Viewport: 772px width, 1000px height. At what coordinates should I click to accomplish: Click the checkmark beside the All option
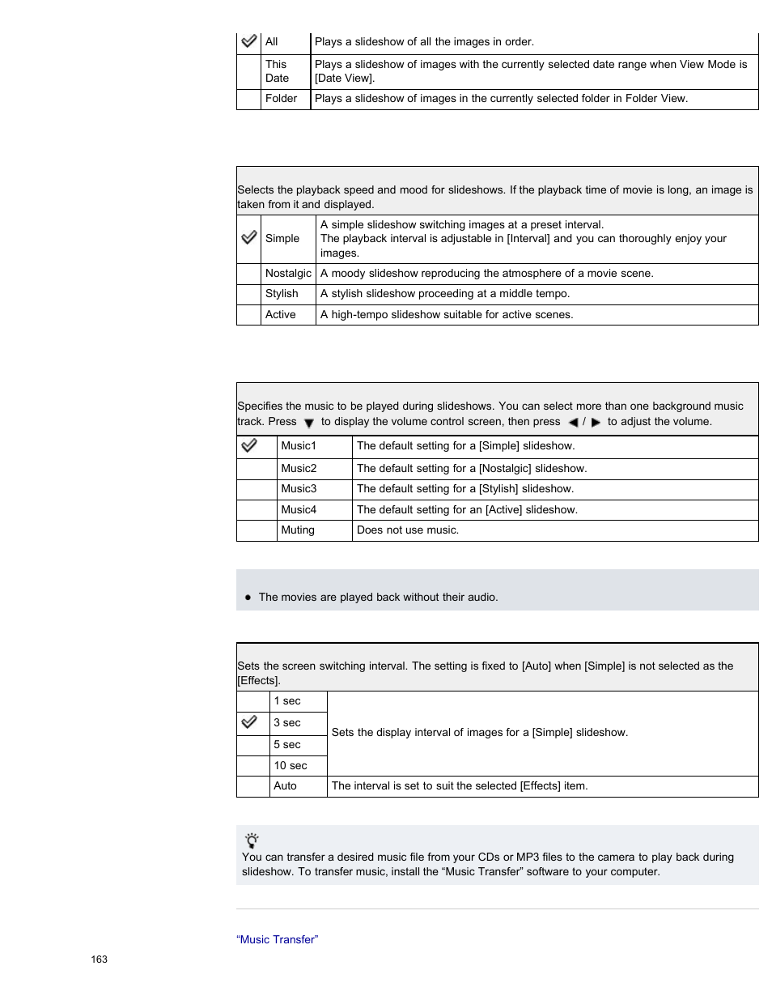tap(249, 41)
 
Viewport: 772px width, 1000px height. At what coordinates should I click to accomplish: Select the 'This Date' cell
tap(277, 71)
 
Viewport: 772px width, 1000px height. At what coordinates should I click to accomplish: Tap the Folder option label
tap(281, 99)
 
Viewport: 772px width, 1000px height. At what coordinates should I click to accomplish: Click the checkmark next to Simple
tap(249, 238)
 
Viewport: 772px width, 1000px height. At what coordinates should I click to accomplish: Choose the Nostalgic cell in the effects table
tap(288, 274)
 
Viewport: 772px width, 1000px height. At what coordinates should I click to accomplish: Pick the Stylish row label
tap(282, 294)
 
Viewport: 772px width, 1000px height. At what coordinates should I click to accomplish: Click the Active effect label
tap(280, 315)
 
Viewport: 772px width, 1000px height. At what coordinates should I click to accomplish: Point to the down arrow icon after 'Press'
tap(308, 423)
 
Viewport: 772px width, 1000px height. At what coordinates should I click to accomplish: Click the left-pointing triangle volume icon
tap(573, 422)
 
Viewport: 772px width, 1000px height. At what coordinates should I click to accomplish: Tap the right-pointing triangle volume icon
tap(596, 422)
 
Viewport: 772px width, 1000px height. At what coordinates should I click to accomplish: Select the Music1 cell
tap(299, 446)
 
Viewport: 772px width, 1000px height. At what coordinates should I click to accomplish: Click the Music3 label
tap(299, 489)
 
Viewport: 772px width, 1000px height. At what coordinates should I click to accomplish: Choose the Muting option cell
tap(297, 530)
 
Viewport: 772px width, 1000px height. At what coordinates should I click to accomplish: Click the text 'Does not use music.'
tap(407, 530)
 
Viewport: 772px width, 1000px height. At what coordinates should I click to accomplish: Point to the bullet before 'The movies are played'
tap(248, 598)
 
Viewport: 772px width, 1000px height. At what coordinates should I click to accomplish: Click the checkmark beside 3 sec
tap(249, 722)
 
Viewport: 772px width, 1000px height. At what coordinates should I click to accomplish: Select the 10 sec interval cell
tap(290, 766)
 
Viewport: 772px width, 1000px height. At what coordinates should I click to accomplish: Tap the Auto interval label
tap(285, 786)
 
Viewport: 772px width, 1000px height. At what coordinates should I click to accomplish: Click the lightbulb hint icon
tap(252, 840)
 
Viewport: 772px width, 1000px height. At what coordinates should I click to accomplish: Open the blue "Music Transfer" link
tap(277, 940)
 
